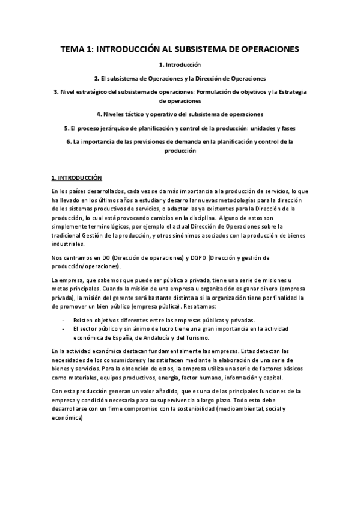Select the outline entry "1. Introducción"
(x=179, y=64)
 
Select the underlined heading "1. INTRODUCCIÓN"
(x=77, y=178)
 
